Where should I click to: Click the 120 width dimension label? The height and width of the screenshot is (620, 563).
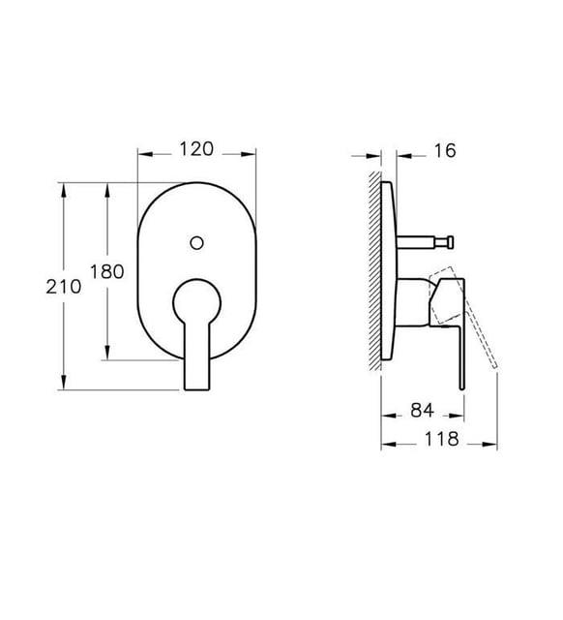click(x=197, y=150)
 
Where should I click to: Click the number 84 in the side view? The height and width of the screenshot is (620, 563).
click(x=422, y=412)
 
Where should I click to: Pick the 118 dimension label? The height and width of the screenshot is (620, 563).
click(x=441, y=439)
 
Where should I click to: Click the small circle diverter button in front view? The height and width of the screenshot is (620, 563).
click(x=197, y=239)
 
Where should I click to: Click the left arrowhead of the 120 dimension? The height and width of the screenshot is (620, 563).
click(x=144, y=153)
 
